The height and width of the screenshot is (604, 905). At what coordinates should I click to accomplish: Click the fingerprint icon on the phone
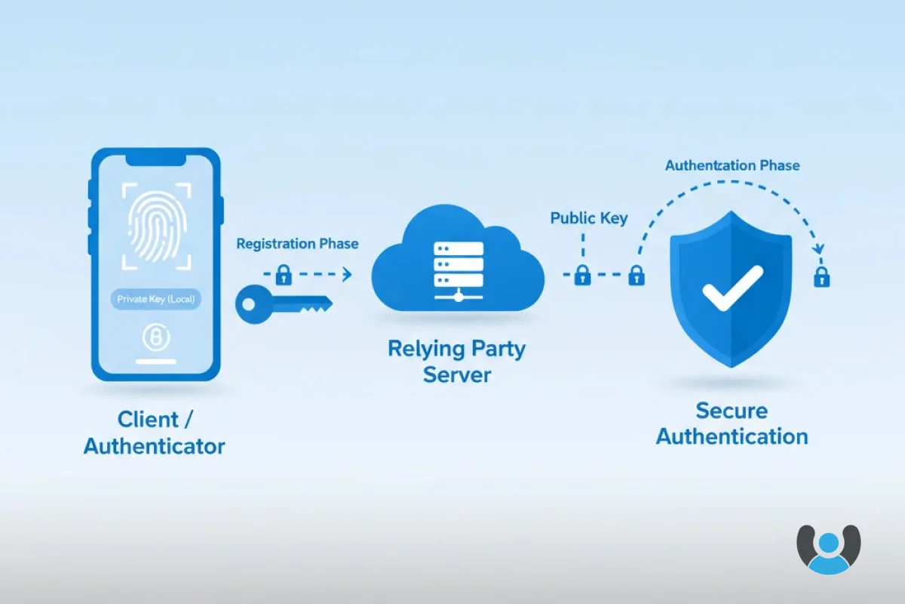coord(155,224)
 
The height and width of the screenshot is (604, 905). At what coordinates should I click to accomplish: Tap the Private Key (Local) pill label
coord(155,300)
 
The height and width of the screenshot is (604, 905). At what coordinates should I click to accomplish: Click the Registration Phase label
coord(297,244)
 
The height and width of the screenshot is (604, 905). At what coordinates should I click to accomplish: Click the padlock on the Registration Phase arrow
coord(284,275)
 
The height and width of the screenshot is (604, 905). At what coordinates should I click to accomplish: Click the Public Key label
coord(589,219)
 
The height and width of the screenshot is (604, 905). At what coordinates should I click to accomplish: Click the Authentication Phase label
coord(732,165)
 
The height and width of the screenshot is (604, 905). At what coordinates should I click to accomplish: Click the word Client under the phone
coord(148,419)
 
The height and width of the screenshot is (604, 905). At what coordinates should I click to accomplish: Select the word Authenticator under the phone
coord(155,446)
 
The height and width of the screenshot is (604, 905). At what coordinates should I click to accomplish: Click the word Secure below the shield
coord(732,411)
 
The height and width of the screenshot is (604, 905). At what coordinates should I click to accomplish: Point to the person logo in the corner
coord(828,549)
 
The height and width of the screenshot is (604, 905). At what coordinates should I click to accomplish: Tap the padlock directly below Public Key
coord(582,276)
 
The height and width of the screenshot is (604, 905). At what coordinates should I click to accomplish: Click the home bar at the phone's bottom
coord(156,362)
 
